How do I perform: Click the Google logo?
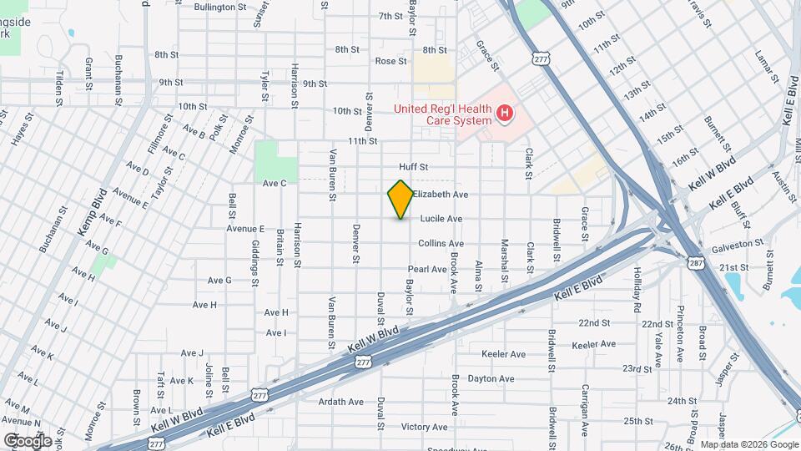click(28, 440)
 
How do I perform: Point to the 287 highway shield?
click(696, 263)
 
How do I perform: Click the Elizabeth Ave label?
click(440, 194)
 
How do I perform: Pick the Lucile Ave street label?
click(441, 219)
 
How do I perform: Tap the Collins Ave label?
click(441, 244)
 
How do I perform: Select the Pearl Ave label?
click(428, 269)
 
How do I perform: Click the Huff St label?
click(413, 167)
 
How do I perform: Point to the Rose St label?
click(390, 61)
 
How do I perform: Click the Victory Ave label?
click(425, 427)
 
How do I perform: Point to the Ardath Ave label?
click(342, 402)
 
